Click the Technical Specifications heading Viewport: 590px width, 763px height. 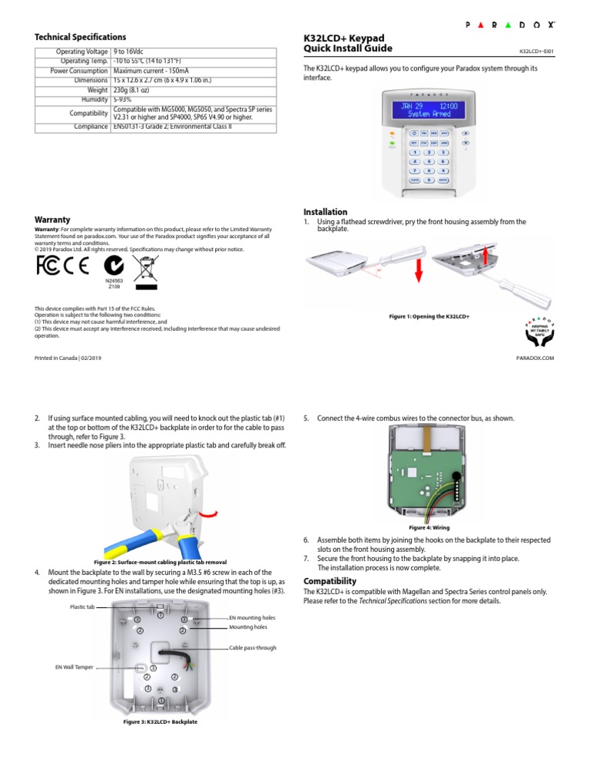point(80,37)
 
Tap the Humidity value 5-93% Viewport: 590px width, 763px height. point(123,99)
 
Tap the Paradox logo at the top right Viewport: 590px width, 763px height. point(510,25)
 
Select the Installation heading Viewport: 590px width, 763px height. point(325,212)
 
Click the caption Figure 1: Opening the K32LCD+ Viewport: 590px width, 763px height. point(430,316)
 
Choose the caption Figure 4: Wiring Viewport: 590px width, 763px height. point(429,528)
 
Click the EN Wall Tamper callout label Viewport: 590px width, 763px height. point(75,667)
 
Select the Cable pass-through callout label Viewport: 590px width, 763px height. point(254,648)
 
